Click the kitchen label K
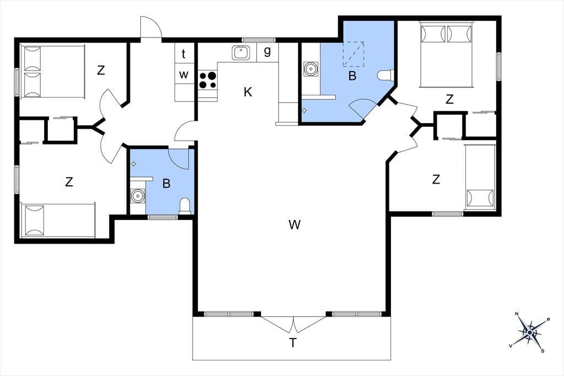click(x=248, y=92)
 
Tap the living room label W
click(x=294, y=225)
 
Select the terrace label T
click(x=293, y=343)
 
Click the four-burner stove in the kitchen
click(x=208, y=80)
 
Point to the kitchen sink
click(x=241, y=52)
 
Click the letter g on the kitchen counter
click(x=267, y=51)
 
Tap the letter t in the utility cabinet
click(x=183, y=53)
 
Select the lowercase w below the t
click(x=184, y=74)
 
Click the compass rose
click(x=529, y=332)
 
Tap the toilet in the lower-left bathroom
click(x=185, y=206)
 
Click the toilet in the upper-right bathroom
click(x=386, y=76)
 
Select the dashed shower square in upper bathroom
click(x=353, y=54)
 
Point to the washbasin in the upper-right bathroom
click(x=310, y=69)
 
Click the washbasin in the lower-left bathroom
click(x=137, y=196)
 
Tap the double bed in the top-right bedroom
click(x=446, y=55)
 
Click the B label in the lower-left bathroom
click(x=166, y=184)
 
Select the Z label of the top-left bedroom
click(x=101, y=70)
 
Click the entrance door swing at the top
click(x=151, y=26)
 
